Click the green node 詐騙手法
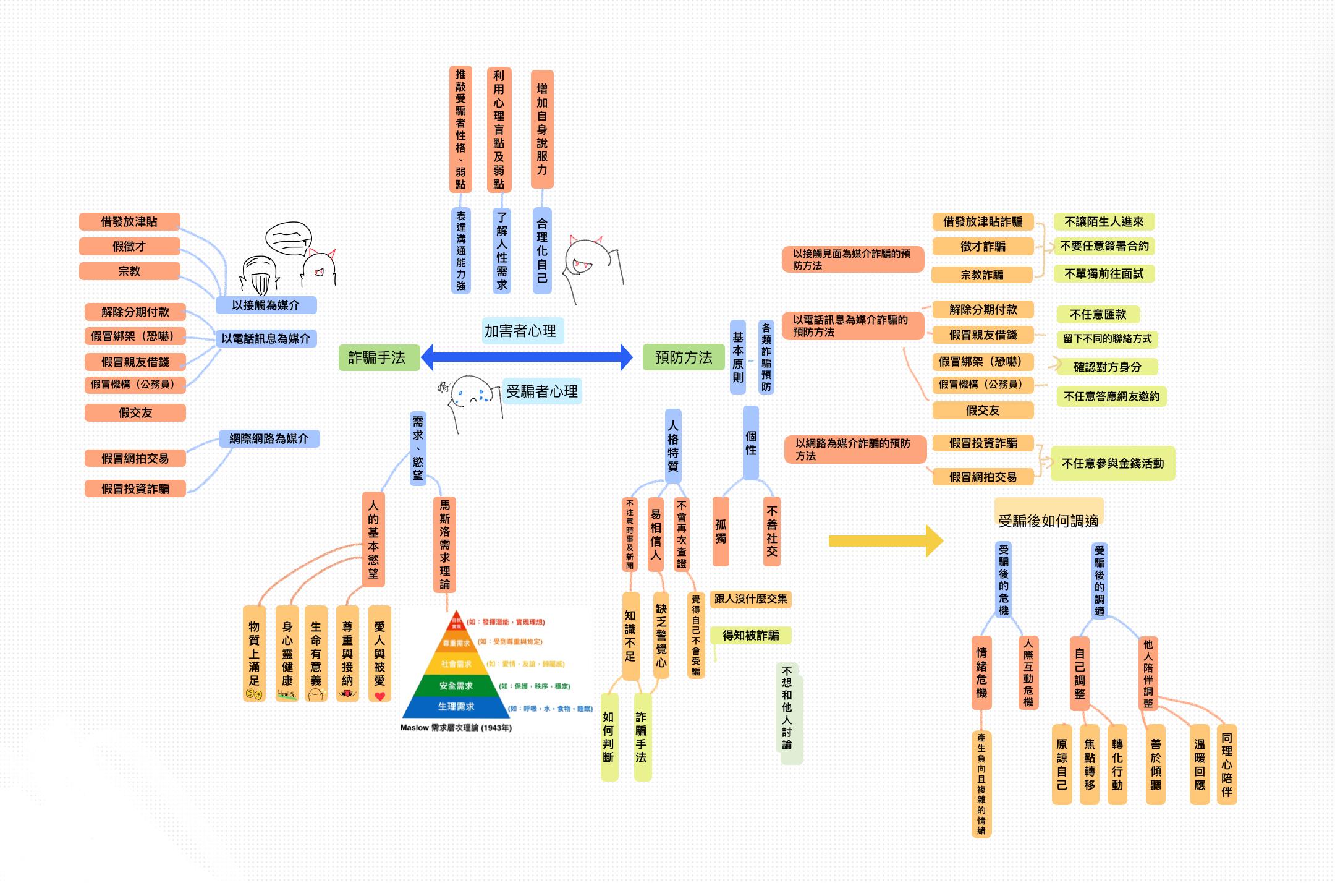pos(377,357)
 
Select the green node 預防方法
pos(684,357)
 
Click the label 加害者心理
pos(520,331)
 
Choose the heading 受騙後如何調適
pos(1048,521)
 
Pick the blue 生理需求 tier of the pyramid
pos(456,707)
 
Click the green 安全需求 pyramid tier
pos(456,686)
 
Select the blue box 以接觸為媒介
pos(266,305)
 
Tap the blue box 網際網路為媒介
pos(269,438)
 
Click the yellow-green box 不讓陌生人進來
pos(1104,221)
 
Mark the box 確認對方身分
pos(1107,367)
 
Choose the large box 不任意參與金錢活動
pos(1112,463)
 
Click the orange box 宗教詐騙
pos(982,275)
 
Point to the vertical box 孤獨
pos(721,531)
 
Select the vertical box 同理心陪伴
pos(1227,764)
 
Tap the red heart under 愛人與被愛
pos(379,696)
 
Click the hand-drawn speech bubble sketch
pos(288,239)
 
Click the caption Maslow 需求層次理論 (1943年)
pos(456,728)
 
